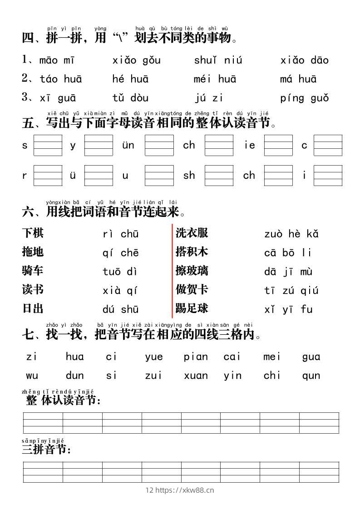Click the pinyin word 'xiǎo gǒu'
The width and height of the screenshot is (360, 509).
136,60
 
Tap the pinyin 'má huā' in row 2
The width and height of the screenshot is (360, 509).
298,79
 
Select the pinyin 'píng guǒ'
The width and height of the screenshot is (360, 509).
304,98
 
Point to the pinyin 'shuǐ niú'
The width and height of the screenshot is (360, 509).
218,60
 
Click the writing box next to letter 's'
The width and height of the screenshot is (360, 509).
48,145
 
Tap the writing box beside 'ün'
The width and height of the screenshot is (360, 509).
159,145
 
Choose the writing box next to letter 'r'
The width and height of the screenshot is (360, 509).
48,175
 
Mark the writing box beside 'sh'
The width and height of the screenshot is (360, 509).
219,175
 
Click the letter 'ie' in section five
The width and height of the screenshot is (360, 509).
250,146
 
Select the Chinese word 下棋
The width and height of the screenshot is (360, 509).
33,233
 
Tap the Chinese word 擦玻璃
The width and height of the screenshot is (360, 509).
192,271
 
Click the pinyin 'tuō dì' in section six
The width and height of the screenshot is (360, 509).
120,272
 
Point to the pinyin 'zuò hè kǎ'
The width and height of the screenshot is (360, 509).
291,234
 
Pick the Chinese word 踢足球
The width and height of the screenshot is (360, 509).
192,308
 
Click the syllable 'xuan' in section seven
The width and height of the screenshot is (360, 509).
196,376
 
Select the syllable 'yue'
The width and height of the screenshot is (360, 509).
154,357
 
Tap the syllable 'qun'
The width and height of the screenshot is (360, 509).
311,376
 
